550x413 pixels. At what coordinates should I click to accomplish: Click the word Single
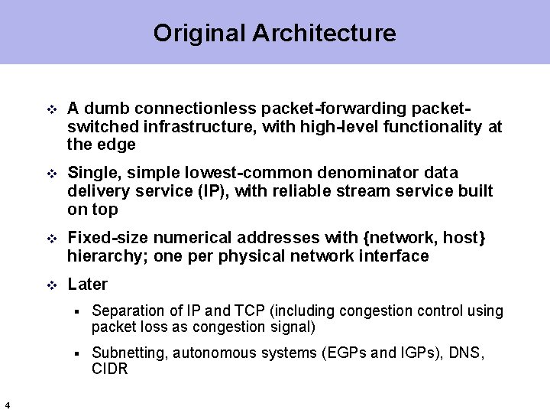pyautogui.click(x=93, y=173)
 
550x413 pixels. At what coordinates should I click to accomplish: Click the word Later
pyautogui.click(x=87, y=285)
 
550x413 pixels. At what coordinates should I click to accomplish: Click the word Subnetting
pyautogui.click(x=128, y=353)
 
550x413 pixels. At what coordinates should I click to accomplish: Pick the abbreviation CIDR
pyautogui.click(x=109, y=369)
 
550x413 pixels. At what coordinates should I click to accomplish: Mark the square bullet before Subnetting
pyautogui.click(x=77, y=353)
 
